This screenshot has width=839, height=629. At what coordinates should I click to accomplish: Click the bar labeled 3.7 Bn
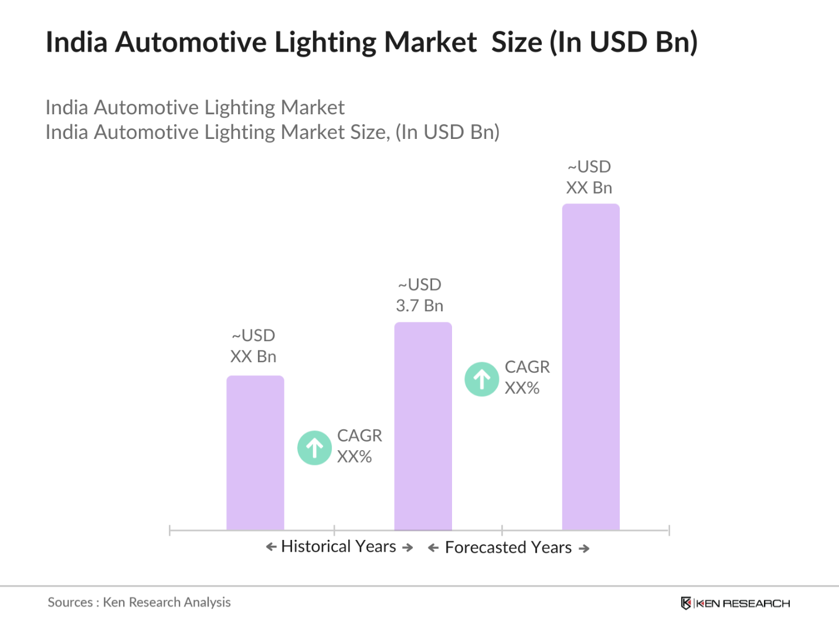pyautogui.click(x=423, y=426)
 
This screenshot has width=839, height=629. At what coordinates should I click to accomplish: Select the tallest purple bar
pyautogui.click(x=590, y=367)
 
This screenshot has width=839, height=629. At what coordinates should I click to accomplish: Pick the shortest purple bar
pyautogui.click(x=255, y=453)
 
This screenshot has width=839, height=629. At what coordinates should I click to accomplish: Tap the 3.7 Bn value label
pyautogui.click(x=419, y=305)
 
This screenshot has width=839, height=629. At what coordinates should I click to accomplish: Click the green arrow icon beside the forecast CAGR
pyautogui.click(x=481, y=379)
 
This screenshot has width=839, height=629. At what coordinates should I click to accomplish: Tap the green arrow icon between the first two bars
pyautogui.click(x=314, y=448)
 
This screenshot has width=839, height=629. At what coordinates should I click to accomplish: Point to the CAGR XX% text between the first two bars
pyautogui.click(x=359, y=446)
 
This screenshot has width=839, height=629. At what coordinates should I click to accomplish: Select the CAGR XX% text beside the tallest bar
pyautogui.click(x=527, y=378)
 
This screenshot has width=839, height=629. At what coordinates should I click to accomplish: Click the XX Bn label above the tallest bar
pyautogui.click(x=589, y=188)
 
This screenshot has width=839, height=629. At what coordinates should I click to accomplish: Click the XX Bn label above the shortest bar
pyautogui.click(x=253, y=356)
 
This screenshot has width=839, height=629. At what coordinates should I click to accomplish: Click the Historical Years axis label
pyautogui.click(x=338, y=546)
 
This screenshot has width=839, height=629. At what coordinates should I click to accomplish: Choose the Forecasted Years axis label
pyautogui.click(x=508, y=548)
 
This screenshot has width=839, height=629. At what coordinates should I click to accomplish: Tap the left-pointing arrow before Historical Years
pyautogui.click(x=271, y=547)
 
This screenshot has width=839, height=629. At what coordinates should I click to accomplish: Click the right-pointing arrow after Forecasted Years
pyautogui.click(x=584, y=549)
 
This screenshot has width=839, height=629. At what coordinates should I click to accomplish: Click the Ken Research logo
pyautogui.click(x=735, y=603)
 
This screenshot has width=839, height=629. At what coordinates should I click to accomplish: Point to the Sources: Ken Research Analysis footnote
pyautogui.click(x=139, y=602)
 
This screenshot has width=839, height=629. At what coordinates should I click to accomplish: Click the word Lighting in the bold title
pyautogui.click(x=325, y=42)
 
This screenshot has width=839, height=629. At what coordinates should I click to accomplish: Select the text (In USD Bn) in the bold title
pyautogui.click(x=623, y=42)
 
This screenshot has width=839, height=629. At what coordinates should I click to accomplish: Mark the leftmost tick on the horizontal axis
pyautogui.click(x=169, y=531)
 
